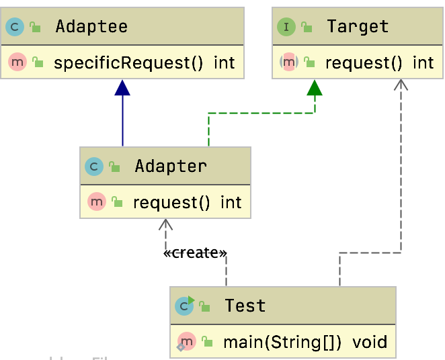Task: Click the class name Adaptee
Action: click(x=91, y=26)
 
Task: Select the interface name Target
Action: click(x=358, y=26)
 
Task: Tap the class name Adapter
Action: click(x=171, y=165)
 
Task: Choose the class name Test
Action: click(x=245, y=306)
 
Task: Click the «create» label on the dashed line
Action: click(x=195, y=253)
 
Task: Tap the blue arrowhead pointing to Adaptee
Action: click(x=122, y=88)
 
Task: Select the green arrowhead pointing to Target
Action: click(x=314, y=88)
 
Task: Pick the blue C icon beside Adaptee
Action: click(x=15, y=27)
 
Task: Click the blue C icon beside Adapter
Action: click(x=94, y=166)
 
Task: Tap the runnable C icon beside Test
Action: click(x=184, y=306)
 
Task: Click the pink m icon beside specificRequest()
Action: click(x=17, y=63)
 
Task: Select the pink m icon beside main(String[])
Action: click(x=187, y=342)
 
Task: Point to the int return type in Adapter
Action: click(x=231, y=202)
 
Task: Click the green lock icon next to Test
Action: click(x=205, y=307)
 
